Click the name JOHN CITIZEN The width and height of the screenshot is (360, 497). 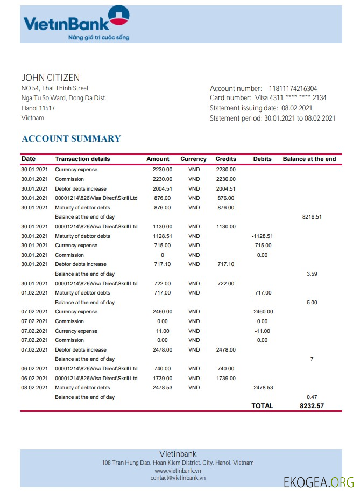(51, 78)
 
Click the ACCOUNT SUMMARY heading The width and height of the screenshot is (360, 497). (71, 138)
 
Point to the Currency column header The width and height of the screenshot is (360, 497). (193, 159)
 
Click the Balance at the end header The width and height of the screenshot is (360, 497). (309, 159)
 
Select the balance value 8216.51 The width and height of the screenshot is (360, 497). (312, 217)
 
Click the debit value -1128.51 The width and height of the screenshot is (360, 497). (262, 236)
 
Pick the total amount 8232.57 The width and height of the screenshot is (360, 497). (312, 406)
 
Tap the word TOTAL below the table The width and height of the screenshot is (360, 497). (262, 406)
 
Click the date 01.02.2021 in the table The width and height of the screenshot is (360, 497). (34, 293)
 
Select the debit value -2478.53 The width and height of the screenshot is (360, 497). (262, 388)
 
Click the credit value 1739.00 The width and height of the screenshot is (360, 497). (225, 379)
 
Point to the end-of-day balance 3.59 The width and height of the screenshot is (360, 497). (312, 274)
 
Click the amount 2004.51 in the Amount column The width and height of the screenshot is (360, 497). (162, 189)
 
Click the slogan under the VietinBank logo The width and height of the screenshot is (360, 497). (98, 38)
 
